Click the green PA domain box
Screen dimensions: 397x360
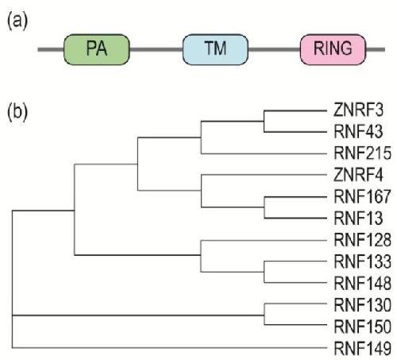97,49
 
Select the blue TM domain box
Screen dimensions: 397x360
215,49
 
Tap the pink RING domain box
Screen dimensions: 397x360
333,49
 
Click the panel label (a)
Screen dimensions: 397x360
17,21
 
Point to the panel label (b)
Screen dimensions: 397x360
17,112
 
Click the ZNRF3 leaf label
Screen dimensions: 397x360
358,110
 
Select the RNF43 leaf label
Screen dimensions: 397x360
358,132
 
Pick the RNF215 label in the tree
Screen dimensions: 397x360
363,153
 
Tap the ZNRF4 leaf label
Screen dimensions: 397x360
358,175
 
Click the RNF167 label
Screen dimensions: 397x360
363,196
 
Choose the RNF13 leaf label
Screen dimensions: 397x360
358,219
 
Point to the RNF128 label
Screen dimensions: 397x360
363,240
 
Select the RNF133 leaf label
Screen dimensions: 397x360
363,261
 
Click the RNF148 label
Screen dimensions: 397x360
363,283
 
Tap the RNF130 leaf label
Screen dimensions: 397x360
363,304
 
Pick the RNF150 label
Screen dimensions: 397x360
363,327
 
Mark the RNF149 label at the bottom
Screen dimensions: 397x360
363,348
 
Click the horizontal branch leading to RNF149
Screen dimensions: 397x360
169,347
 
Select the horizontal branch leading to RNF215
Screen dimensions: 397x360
264,153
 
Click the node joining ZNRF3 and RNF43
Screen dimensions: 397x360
264,121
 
